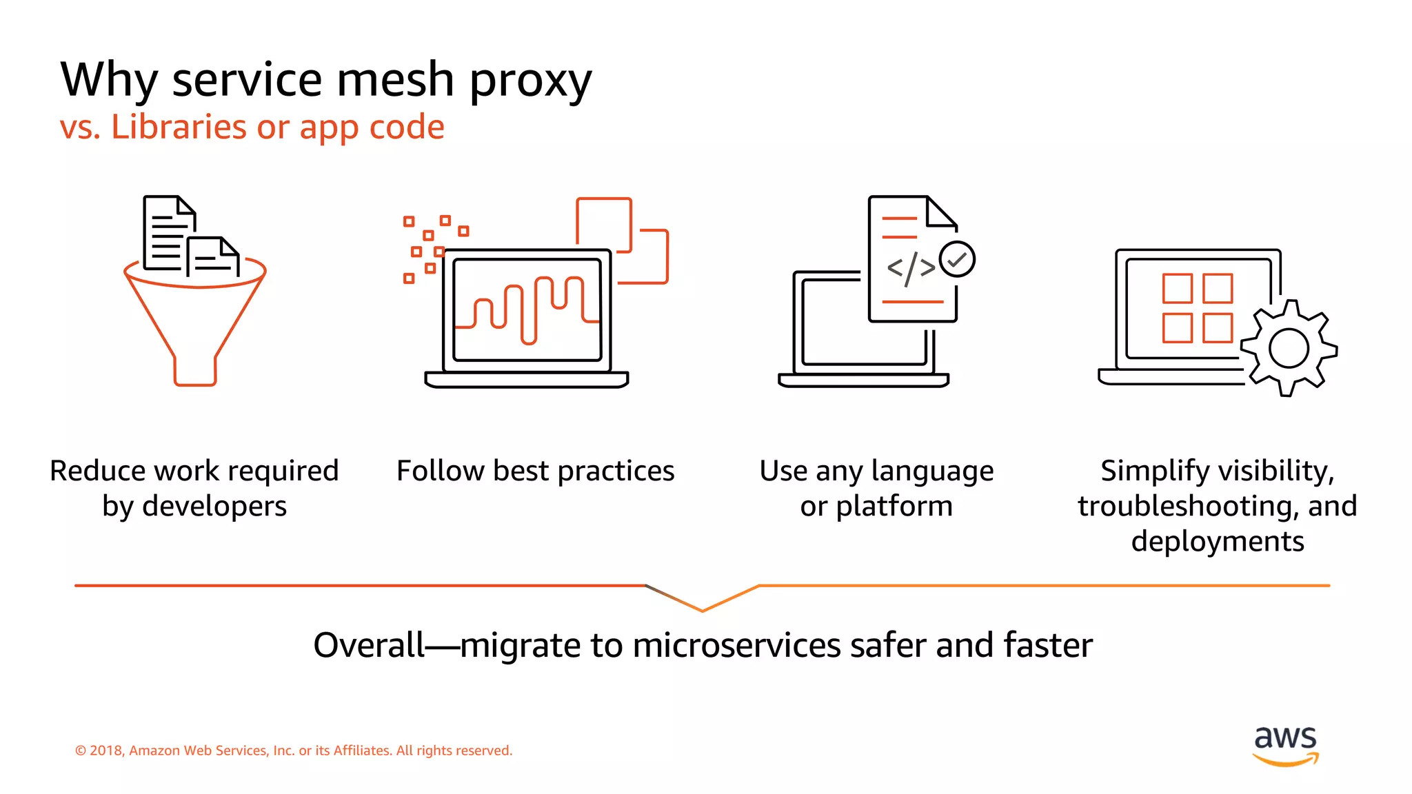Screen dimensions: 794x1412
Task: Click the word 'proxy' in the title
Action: [530, 81]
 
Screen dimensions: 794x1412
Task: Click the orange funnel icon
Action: [195, 324]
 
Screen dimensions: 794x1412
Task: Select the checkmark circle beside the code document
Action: [957, 259]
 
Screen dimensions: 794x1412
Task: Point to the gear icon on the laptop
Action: [1288, 348]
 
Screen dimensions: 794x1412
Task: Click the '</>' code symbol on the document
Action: [911, 268]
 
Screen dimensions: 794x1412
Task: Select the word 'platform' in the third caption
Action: [894, 506]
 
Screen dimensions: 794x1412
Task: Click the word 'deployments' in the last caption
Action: [1218, 541]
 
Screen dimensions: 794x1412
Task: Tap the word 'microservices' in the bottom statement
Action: [736, 645]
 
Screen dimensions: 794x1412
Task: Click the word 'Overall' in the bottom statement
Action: [369, 645]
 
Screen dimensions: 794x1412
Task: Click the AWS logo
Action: [1285, 745]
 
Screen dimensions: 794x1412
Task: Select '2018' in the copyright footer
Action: [106, 751]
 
